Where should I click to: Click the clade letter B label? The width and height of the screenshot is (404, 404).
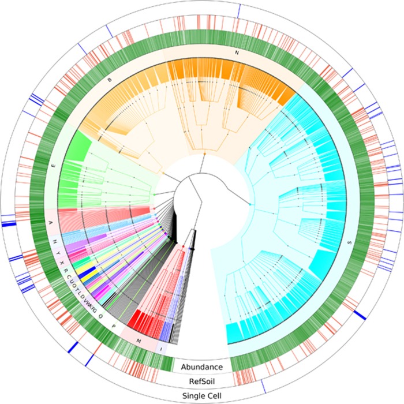click(x=110, y=80)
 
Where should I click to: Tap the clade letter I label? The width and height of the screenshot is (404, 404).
click(x=160, y=349)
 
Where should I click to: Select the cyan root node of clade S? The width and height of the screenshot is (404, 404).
click(x=249, y=204)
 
